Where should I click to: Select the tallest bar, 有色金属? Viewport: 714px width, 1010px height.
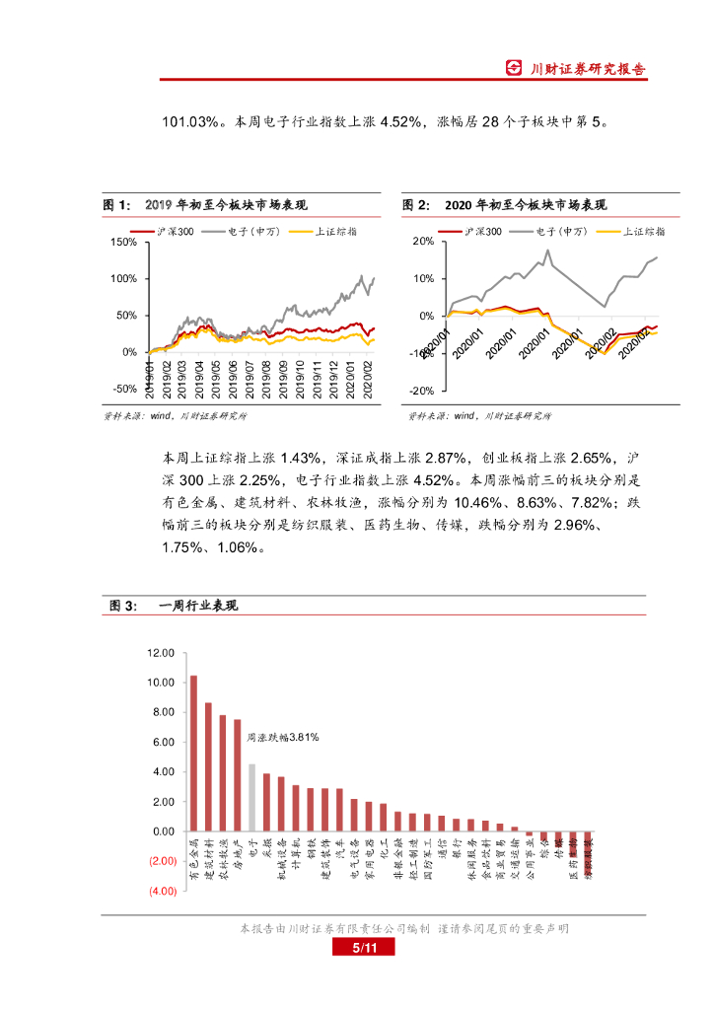(x=193, y=754)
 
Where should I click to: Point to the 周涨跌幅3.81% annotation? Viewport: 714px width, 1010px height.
(x=281, y=736)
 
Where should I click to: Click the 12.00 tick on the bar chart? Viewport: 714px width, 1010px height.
(x=160, y=653)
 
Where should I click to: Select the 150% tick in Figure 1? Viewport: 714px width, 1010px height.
(x=124, y=242)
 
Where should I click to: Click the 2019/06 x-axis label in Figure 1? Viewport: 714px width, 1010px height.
(x=231, y=379)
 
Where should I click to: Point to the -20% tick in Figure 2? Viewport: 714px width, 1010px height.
(x=423, y=391)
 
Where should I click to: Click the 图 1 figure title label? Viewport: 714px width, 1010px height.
(x=115, y=205)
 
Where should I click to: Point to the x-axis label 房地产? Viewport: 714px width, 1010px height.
(x=238, y=856)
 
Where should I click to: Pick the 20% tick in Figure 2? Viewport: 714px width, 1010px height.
(x=424, y=242)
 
